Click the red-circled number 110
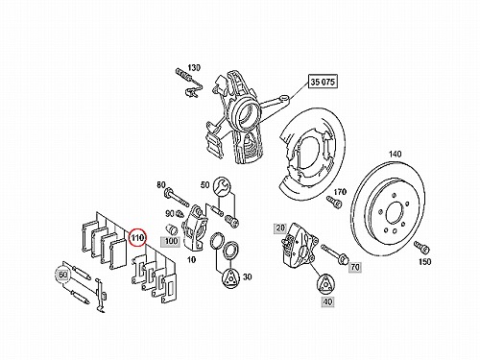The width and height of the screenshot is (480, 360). pos(138,238)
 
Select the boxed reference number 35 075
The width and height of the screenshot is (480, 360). pos(323,82)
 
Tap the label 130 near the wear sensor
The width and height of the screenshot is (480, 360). pos(194,68)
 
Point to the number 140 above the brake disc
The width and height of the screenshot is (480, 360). pos(395,155)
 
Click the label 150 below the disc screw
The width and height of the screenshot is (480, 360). pos(424,262)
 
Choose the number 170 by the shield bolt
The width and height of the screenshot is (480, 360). pos(340,192)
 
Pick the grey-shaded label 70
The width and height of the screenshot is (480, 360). pos(355,267)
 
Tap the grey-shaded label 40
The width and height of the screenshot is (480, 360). pos(328,301)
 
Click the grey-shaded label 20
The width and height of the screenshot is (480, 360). pos(280,228)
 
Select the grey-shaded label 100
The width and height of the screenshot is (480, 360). pos(171,241)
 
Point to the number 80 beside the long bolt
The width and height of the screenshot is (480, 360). pos(161,185)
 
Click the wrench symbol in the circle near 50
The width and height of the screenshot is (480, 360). pos(221,185)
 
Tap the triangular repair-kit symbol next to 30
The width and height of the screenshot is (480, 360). pos(230,277)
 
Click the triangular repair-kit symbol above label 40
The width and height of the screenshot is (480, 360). pos(325,283)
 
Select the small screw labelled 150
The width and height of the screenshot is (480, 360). pos(420,247)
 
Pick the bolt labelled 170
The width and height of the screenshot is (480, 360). pos(334,202)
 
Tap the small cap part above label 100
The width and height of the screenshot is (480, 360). pos(172,229)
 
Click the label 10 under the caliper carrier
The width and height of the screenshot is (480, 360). pos(191,259)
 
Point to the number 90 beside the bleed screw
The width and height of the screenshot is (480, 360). pos(170,213)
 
